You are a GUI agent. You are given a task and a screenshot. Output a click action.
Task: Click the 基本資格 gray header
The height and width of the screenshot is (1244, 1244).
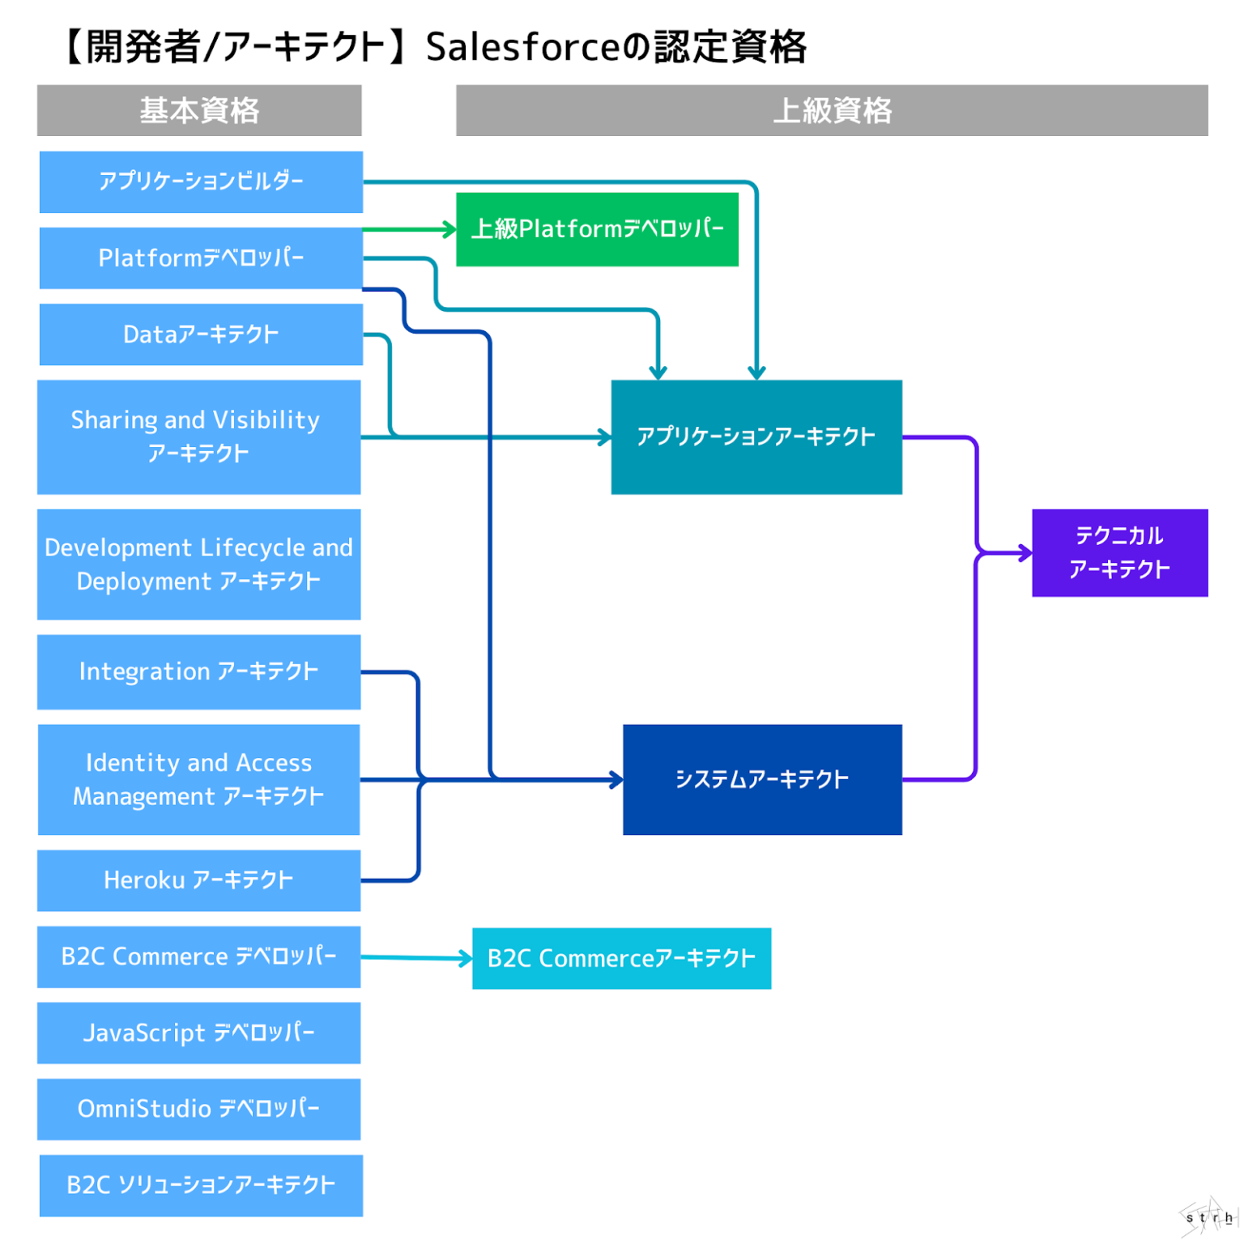click(x=199, y=110)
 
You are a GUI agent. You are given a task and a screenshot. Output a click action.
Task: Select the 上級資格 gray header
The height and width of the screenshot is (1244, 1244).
click(x=831, y=110)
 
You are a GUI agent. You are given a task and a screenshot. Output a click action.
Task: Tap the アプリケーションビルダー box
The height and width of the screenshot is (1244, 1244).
click(x=201, y=181)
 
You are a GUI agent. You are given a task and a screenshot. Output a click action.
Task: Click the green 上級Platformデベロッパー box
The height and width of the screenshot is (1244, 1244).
click(x=597, y=229)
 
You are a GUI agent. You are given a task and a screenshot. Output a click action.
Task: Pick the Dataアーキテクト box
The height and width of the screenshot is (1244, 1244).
click(x=201, y=334)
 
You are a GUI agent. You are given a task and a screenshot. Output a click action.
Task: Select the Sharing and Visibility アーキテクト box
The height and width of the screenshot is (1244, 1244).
click(x=198, y=437)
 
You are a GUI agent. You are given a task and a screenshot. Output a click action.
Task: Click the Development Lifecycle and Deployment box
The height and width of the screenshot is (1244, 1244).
click(x=198, y=564)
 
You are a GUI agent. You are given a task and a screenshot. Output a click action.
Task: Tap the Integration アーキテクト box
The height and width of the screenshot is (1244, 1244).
click(x=198, y=671)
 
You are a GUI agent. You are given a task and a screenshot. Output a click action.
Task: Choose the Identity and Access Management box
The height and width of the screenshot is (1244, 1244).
click(x=198, y=779)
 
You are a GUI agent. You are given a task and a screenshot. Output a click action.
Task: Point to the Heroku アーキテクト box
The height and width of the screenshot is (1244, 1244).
click(x=198, y=880)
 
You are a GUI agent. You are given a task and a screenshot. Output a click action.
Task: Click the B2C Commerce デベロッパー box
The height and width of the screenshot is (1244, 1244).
click(x=198, y=956)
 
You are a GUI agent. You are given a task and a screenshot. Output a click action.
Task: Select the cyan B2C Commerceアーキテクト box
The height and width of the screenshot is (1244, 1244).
click(x=621, y=958)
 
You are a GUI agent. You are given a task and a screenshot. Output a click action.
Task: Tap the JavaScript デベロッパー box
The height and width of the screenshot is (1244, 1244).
click(x=198, y=1033)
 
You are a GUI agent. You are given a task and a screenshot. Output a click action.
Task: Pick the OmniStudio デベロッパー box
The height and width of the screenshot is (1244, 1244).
click(x=198, y=1109)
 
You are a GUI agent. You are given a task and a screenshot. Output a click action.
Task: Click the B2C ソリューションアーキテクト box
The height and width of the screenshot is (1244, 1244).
click(x=201, y=1185)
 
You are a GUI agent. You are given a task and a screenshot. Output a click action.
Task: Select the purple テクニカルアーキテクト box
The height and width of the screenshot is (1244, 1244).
click(x=1119, y=552)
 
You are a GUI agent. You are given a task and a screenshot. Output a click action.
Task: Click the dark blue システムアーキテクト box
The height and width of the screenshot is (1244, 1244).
click(x=761, y=779)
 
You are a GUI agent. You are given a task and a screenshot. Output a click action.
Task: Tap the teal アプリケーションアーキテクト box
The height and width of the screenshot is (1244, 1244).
click(x=756, y=437)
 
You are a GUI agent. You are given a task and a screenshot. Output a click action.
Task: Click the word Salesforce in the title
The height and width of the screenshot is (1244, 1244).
click(x=522, y=47)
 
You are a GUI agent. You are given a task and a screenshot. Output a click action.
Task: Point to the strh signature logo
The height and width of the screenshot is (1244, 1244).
click(x=1208, y=1216)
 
